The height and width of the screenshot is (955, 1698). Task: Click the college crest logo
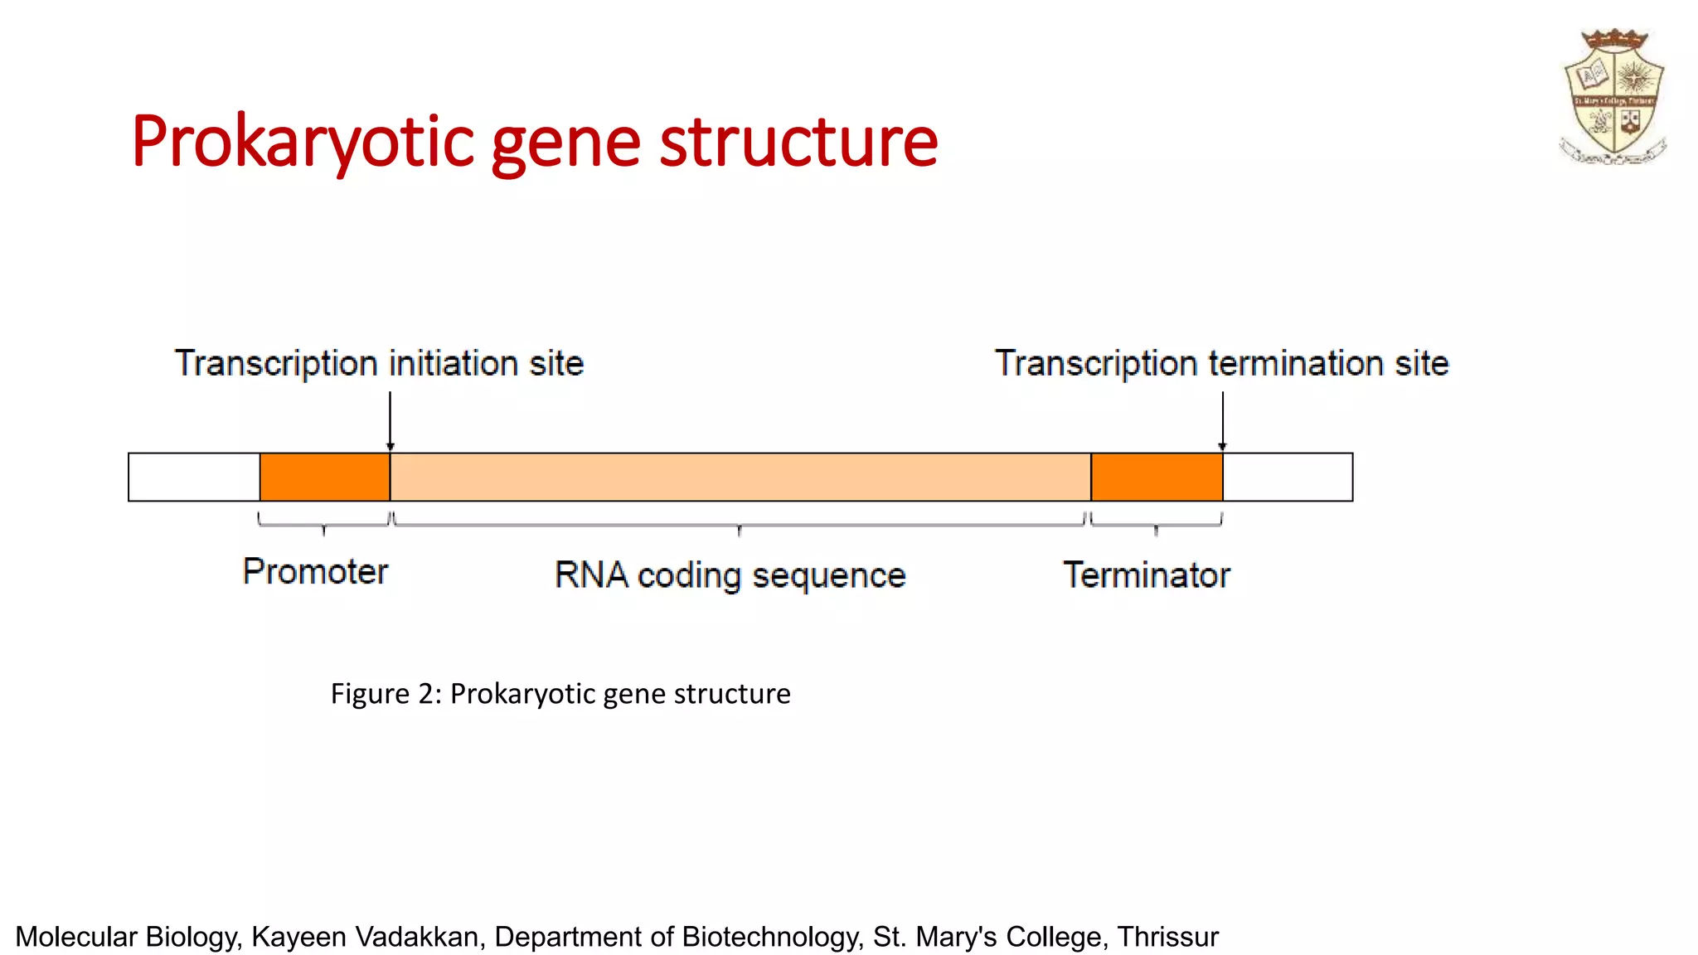click(x=1613, y=96)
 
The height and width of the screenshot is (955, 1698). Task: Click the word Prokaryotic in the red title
click(x=303, y=143)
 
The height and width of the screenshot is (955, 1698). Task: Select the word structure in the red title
click(x=798, y=143)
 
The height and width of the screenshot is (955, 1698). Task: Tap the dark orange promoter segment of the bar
click(x=324, y=477)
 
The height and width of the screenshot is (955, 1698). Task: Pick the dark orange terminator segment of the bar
click(x=1156, y=477)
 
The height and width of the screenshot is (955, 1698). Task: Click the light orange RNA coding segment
click(x=740, y=477)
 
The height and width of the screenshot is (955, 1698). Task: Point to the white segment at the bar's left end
click(x=194, y=477)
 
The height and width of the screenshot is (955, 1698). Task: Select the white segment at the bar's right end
click(x=1288, y=477)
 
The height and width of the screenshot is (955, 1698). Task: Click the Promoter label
click(x=315, y=571)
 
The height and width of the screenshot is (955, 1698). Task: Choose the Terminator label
click(x=1147, y=574)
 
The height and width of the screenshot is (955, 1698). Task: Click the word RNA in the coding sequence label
click(x=590, y=574)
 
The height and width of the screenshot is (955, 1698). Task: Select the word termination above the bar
click(x=1296, y=364)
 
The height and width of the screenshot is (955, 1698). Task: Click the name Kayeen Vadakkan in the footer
click(x=365, y=936)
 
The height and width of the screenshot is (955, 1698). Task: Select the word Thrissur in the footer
click(x=1167, y=936)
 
